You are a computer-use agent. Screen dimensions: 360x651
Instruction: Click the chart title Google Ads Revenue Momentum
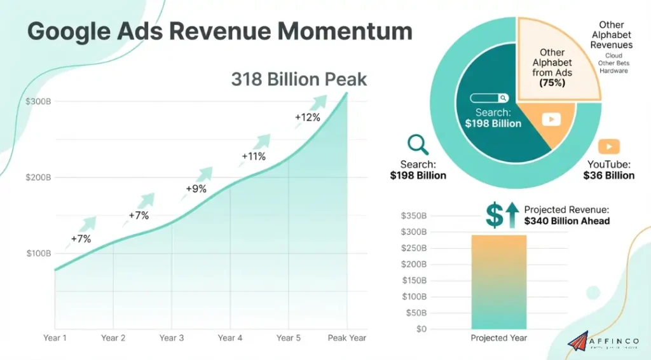pos(219,31)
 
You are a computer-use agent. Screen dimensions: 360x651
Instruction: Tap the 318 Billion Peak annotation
pos(299,79)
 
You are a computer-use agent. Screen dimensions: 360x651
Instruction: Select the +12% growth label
pos(307,117)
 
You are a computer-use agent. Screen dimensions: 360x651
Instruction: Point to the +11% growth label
pos(253,156)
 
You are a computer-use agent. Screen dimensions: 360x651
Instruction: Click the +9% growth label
pos(196,189)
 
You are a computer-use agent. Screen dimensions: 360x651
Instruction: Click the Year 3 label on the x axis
pos(172,338)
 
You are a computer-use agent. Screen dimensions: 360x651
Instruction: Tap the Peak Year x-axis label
pos(346,338)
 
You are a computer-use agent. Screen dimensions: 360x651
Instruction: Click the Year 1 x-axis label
pos(55,338)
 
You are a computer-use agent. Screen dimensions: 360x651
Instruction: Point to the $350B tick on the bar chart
pos(414,216)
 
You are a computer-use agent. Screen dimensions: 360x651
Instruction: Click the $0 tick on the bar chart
pos(421,329)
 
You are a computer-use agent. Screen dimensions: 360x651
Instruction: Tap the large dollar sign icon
pos(495,215)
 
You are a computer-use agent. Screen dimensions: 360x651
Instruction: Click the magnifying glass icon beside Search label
pos(418,144)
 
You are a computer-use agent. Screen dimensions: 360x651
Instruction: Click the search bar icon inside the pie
pos(490,98)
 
